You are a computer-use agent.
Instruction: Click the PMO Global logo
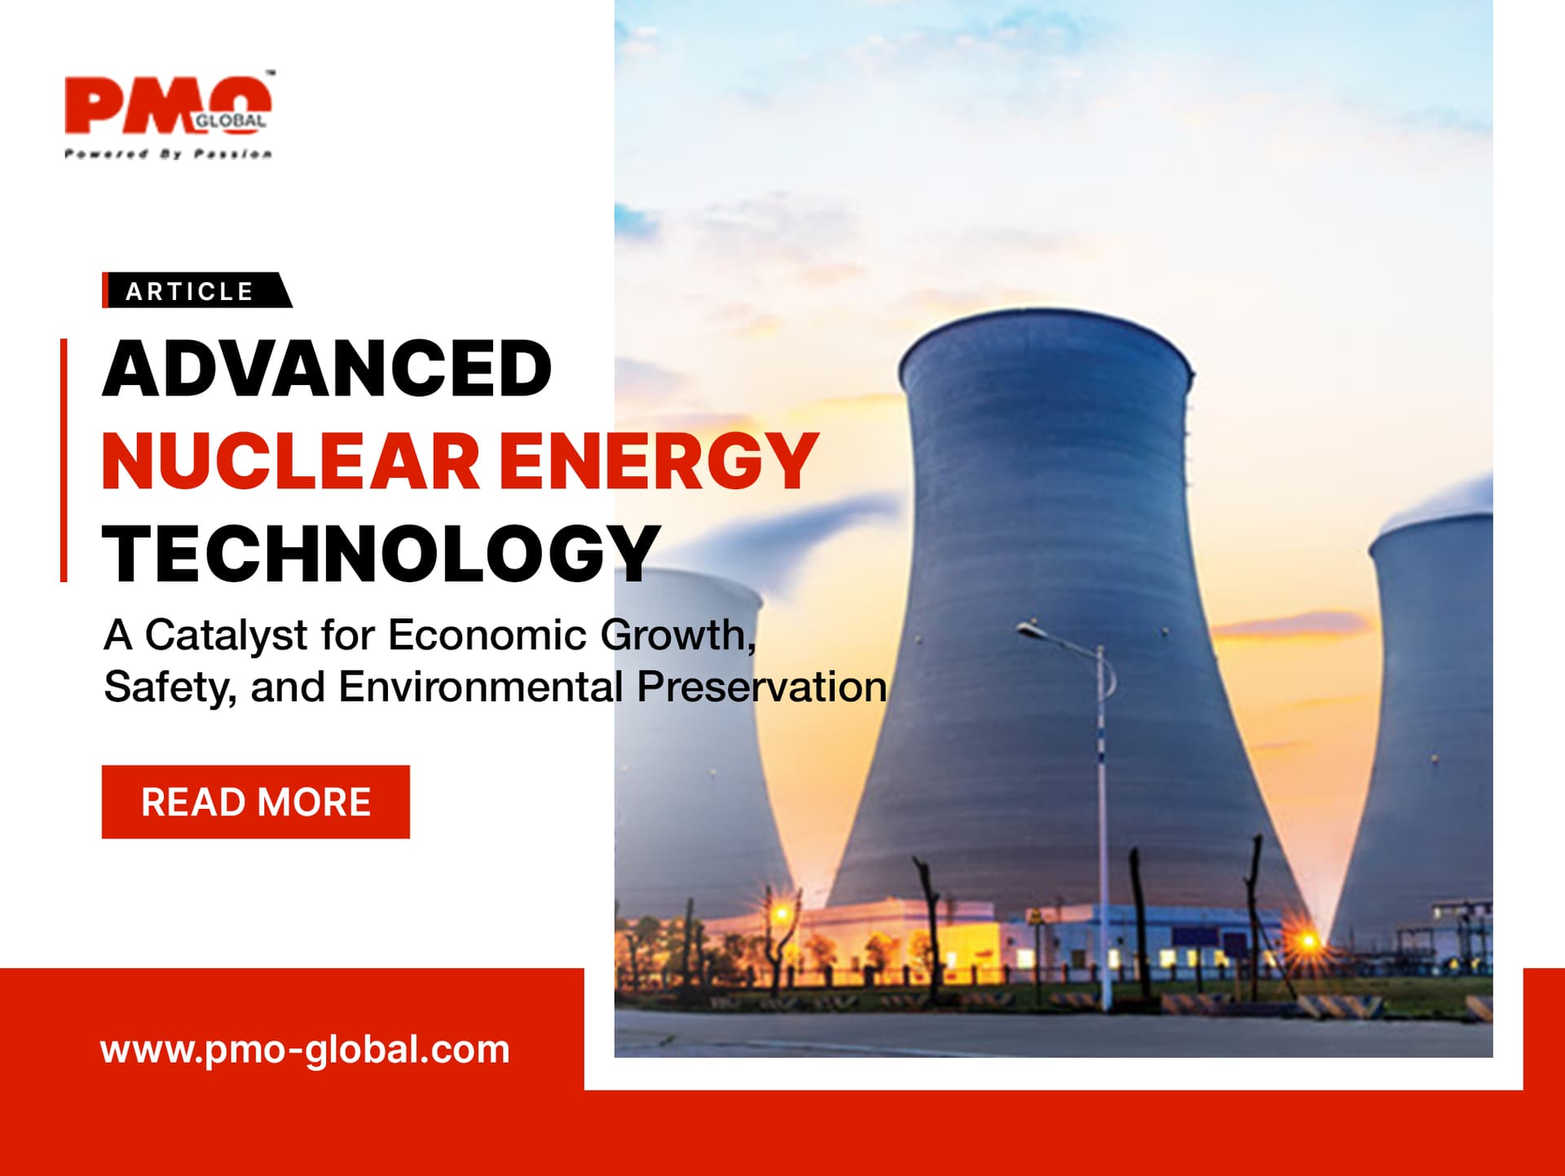[168, 115]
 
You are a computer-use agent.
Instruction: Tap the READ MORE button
[256, 802]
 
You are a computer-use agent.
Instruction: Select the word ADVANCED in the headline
[328, 369]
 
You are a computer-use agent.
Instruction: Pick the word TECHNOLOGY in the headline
[381, 554]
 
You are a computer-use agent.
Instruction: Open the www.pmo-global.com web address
[305, 1050]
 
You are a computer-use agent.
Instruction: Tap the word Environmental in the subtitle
[481, 687]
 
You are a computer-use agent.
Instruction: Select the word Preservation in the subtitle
[762, 687]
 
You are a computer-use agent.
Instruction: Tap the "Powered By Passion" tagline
[168, 153]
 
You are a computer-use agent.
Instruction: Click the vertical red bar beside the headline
[64, 460]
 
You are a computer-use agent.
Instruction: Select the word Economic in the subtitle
[487, 634]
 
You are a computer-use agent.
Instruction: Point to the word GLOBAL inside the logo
[230, 121]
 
